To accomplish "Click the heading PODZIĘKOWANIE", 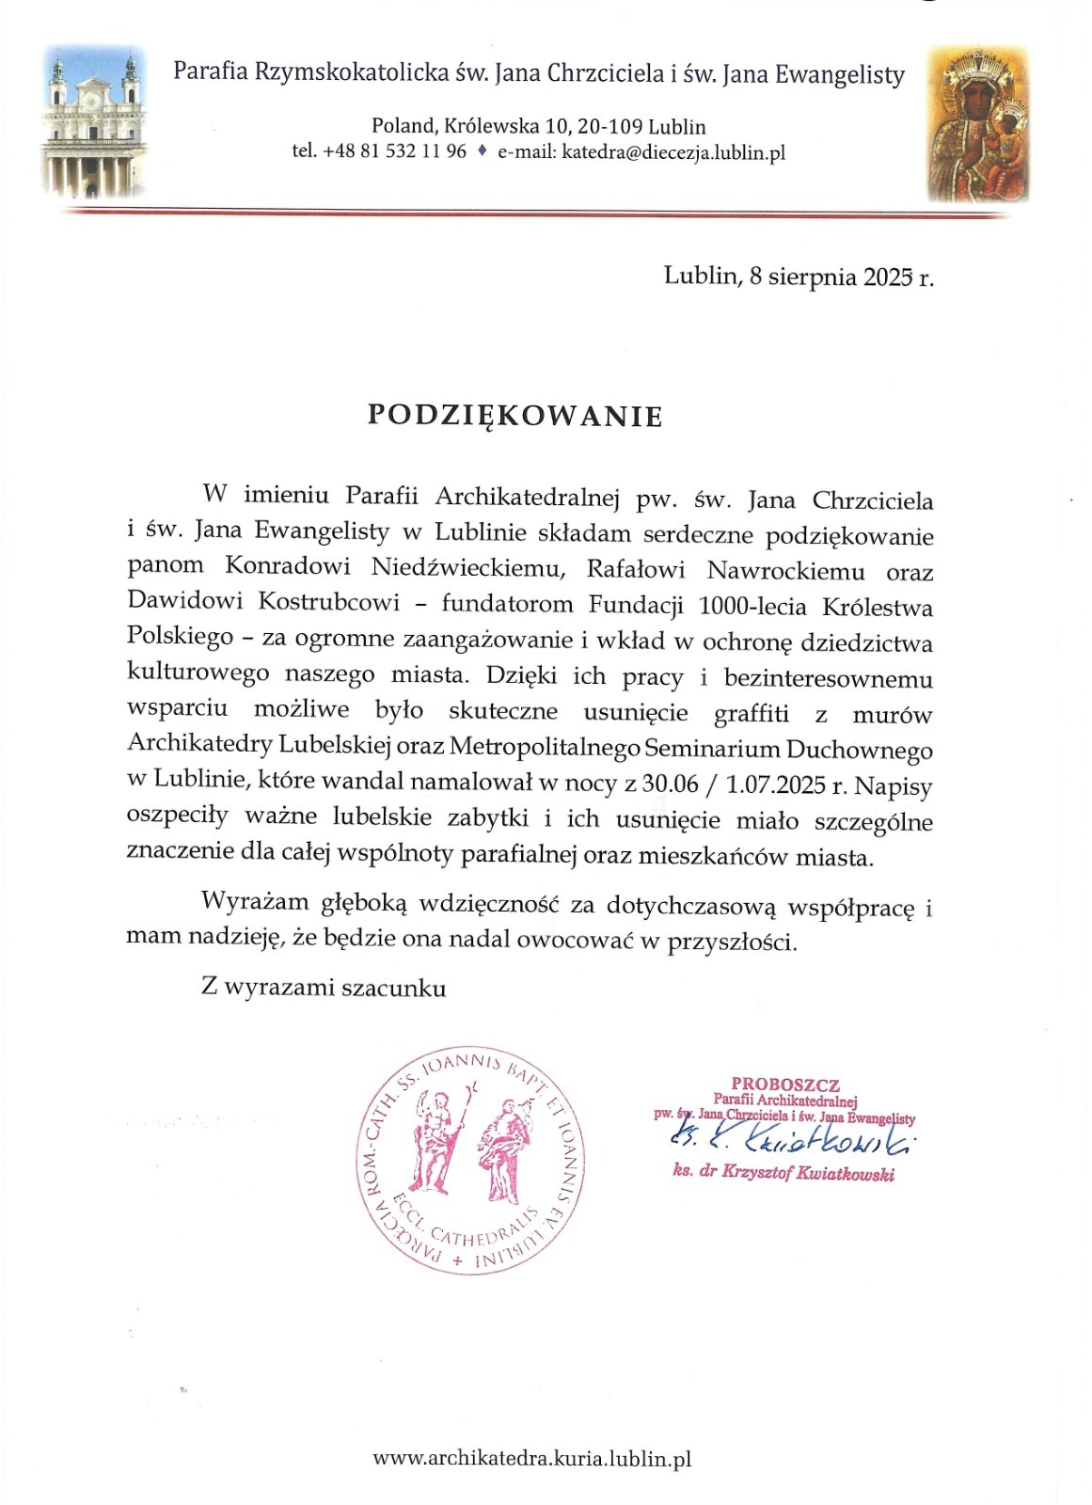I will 514,416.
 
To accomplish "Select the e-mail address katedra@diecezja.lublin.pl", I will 673,152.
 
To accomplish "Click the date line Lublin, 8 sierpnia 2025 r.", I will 799,276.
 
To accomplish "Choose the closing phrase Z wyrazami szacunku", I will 324,988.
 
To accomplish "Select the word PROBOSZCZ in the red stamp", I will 785,1084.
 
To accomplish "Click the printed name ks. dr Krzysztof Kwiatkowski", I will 783,1174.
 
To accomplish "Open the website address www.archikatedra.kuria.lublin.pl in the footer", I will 532,1459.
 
